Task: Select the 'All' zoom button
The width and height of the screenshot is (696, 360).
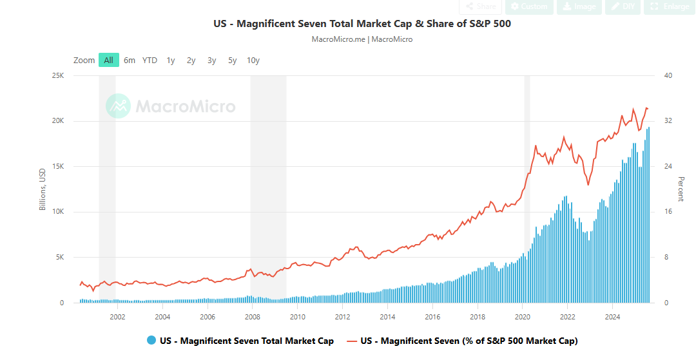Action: [108, 60]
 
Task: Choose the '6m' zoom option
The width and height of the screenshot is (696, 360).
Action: [130, 60]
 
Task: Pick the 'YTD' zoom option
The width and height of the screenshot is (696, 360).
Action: [150, 60]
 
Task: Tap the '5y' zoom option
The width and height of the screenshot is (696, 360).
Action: [232, 60]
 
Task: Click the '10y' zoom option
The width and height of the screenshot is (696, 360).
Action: [253, 60]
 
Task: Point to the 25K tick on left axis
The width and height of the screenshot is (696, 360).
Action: [58, 76]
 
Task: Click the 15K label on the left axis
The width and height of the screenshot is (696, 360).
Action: [58, 167]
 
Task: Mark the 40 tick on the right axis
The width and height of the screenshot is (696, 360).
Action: [668, 76]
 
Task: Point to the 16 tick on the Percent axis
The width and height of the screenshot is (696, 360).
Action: [668, 212]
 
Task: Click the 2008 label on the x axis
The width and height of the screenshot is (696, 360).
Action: [253, 317]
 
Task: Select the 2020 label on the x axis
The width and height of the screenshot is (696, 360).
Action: [523, 317]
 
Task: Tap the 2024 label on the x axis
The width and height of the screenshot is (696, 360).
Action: [613, 317]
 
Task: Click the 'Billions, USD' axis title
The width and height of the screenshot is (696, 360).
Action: [43, 189]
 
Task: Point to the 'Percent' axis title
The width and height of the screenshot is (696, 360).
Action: [681, 189]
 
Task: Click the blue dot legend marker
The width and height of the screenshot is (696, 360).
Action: [151, 341]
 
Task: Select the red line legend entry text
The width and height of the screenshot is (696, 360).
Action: [469, 341]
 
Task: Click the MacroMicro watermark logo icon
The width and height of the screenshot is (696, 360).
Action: [119, 106]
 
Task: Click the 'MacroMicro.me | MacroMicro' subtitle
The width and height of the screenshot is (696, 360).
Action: [362, 39]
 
